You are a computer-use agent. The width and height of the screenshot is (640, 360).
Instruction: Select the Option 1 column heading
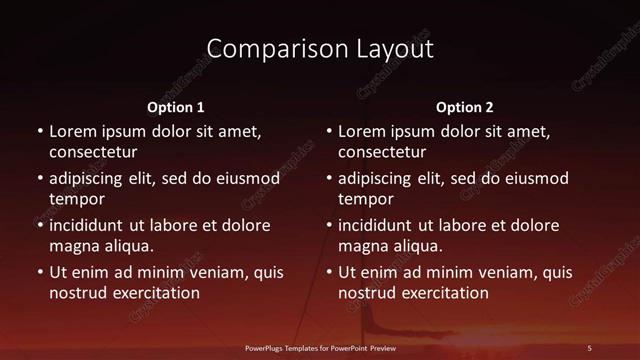(176, 107)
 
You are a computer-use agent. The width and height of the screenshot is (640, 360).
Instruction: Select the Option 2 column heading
(465, 107)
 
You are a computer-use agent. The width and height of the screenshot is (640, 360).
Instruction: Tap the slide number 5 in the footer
(589, 347)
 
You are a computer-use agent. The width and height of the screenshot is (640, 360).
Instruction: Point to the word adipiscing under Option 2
(382, 179)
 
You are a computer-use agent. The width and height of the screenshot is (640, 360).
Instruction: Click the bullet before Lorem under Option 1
(40, 131)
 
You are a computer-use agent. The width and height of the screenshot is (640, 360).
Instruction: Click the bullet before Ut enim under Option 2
(330, 272)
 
